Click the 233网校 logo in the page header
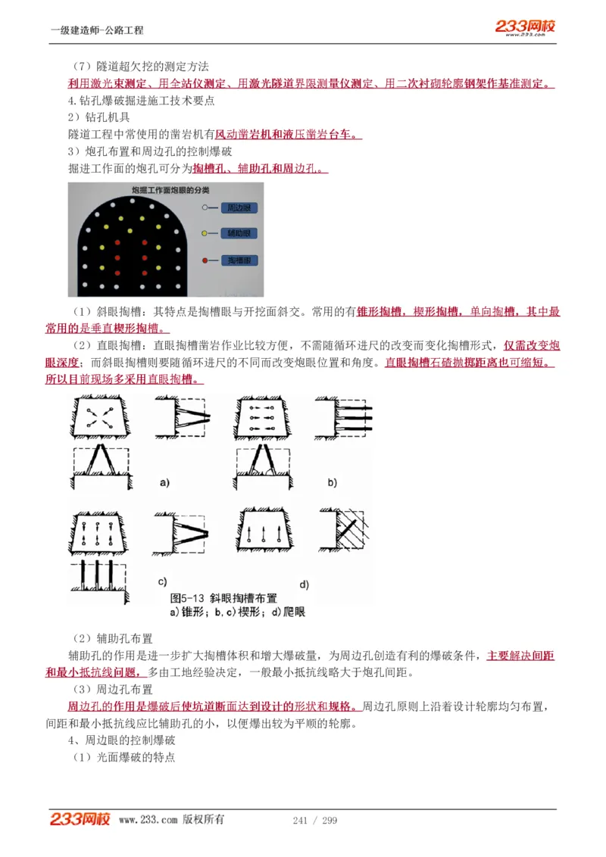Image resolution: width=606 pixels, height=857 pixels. coord(526,27)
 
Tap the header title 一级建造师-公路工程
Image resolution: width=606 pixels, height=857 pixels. coord(97,30)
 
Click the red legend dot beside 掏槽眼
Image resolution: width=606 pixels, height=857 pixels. coord(206,260)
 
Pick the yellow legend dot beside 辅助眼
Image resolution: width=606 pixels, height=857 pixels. coord(206,234)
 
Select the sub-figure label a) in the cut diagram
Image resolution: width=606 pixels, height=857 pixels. coord(164,481)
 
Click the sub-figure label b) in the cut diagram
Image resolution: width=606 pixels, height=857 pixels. coord(332,481)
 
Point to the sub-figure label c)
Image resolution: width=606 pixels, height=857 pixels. coord(162,581)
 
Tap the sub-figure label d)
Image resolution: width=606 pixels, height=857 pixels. coord(305,584)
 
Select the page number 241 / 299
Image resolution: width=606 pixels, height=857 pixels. coord(314,820)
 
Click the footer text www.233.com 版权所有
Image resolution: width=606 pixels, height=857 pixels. coord(171,820)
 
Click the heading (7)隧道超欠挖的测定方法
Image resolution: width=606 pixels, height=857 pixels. coord(140,67)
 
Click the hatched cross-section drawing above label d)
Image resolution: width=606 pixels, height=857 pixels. coord(348,534)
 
